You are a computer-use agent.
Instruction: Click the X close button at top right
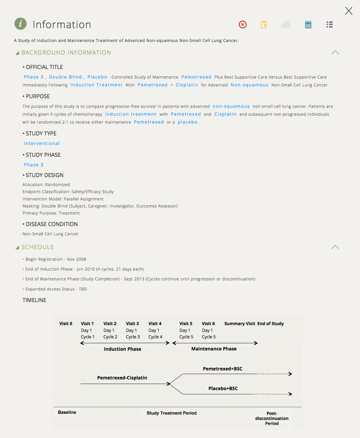coord(349,11)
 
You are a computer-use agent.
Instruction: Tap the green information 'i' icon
coord(21,24)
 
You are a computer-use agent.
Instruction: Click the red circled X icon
coord(243,24)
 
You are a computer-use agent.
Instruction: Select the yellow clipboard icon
coord(264,25)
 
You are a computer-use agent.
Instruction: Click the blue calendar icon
coord(308,24)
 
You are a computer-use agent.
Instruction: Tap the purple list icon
coord(330,24)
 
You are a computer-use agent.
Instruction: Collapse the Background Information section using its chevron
coord(335,53)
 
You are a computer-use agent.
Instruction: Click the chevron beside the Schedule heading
coord(335,247)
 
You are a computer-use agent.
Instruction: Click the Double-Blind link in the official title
coord(65,77)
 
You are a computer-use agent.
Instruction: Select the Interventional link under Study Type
coord(42,144)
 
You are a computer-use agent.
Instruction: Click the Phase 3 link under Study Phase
coord(33,165)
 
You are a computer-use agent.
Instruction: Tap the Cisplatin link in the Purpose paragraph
coord(225,114)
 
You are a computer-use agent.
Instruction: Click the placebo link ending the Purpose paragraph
coord(188,122)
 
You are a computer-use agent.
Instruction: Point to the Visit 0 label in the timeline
coord(66,324)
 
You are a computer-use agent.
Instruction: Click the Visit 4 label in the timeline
coord(155,324)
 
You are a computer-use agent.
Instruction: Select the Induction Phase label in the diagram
coord(123,349)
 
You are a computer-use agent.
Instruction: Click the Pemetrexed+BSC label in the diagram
coord(223,369)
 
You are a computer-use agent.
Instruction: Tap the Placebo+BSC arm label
coord(223,388)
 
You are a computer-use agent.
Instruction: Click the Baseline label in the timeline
coord(67,412)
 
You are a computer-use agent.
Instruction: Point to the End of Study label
coord(271,324)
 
